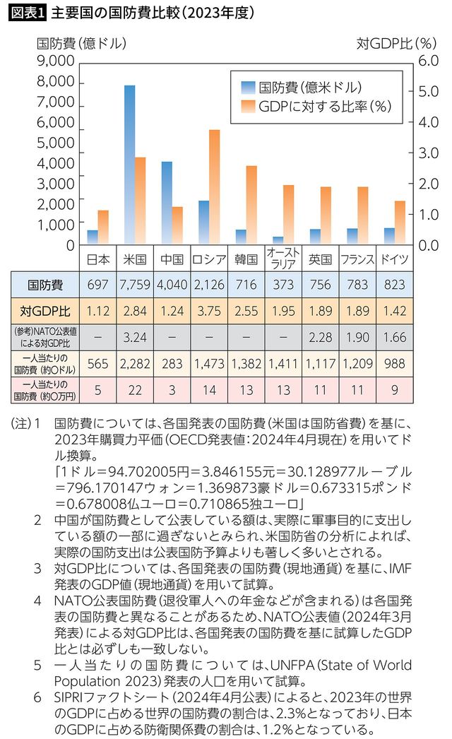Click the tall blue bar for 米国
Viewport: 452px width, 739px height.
tap(130, 165)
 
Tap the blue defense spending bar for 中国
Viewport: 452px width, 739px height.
tap(167, 203)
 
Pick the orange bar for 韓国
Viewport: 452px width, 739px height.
tap(251, 206)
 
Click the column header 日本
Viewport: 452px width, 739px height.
tap(98, 259)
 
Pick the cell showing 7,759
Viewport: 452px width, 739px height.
tap(135, 285)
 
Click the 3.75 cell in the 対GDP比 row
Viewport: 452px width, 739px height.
tap(208, 309)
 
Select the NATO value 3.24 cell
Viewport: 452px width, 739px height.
tap(135, 336)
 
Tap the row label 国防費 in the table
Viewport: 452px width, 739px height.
tap(45, 285)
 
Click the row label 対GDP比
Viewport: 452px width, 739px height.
tap(45, 309)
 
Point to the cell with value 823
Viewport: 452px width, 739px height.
tap(393, 285)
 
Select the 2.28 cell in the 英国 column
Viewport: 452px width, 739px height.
tap(320, 336)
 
